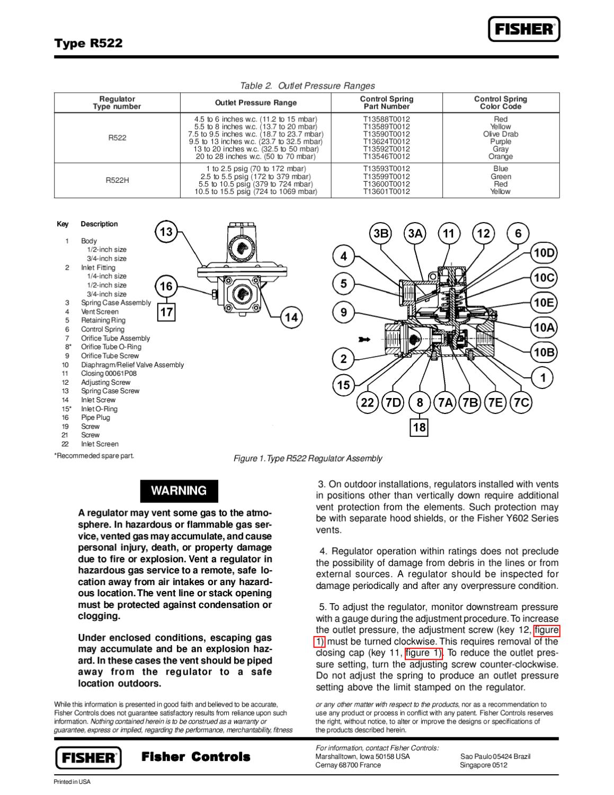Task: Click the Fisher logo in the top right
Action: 523,29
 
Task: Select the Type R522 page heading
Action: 88,43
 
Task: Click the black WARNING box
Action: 179,491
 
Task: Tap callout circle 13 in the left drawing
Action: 166,232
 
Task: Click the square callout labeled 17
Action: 166,312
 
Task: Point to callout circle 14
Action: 291,317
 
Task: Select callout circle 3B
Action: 380,234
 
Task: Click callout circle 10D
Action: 544,253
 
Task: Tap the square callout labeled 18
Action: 419,427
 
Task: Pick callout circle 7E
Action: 496,403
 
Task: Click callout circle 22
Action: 367,403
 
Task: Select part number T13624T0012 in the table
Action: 386,142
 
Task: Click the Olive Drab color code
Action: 501,134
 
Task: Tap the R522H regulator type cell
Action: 117,180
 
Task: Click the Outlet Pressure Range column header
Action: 255,103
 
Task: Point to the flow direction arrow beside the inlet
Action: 364,339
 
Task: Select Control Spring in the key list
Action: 103,329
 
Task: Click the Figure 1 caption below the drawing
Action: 307,458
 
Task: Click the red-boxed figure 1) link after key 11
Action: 424,653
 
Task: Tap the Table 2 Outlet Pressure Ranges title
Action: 307,86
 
